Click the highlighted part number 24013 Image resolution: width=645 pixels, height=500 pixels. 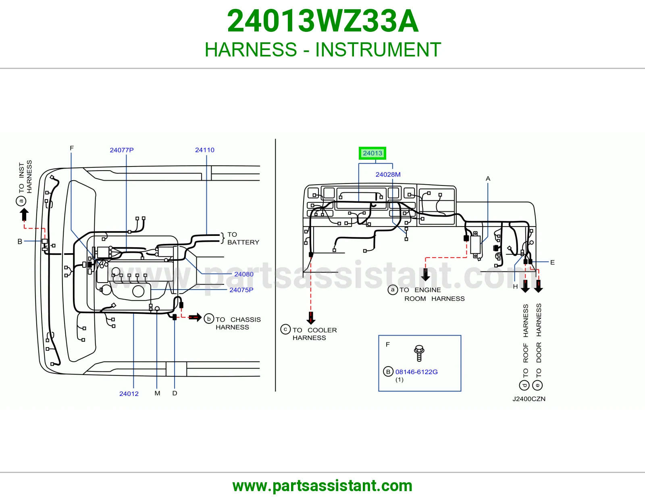[x=372, y=153]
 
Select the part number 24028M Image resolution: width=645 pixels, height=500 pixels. [x=388, y=175]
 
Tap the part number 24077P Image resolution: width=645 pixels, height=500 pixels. [x=122, y=150]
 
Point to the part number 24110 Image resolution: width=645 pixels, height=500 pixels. [x=204, y=150]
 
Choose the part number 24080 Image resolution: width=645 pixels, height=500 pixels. [x=244, y=274]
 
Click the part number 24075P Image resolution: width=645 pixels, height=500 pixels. [x=241, y=290]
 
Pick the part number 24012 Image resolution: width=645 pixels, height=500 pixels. [x=129, y=394]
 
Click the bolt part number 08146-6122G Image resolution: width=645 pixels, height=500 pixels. [x=416, y=372]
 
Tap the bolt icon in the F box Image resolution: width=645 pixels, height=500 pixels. [x=419, y=353]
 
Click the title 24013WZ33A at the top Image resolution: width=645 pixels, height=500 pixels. [x=322, y=21]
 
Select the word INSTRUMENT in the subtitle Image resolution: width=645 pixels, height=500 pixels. [x=378, y=50]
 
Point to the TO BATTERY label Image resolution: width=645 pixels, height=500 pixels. [x=243, y=238]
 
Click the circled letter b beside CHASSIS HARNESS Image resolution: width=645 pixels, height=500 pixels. [x=209, y=319]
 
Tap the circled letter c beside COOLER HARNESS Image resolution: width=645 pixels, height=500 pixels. [x=285, y=329]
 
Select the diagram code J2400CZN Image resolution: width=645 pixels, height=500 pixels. [x=529, y=399]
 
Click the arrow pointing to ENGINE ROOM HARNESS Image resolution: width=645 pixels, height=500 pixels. [x=425, y=275]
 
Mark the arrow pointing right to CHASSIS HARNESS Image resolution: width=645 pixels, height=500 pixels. [x=195, y=317]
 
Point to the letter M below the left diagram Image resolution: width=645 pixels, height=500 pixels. [x=157, y=394]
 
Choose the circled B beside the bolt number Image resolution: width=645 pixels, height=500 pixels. [x=388, y=372]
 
